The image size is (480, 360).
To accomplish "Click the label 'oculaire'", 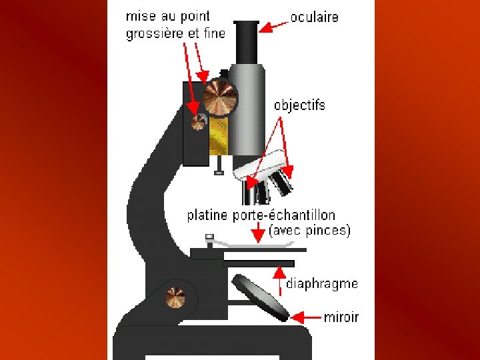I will click(x=314, y=16).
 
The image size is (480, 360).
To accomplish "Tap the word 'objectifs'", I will click(x=299, y=105).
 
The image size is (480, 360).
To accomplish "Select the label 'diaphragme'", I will click(x=322, y=283).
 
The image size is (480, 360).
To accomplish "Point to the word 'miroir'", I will click(x=341, y=317).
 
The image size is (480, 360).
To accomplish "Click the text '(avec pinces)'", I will click(x=309, y=231).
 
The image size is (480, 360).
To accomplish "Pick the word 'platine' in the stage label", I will click(x=208, y=215).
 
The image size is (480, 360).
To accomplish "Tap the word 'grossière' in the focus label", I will click(x=151, y=33).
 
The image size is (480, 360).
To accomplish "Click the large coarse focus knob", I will click(x=219, y=98).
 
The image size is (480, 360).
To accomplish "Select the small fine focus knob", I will click(x=199, y=122).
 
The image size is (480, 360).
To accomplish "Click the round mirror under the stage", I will click(x=261, y=298).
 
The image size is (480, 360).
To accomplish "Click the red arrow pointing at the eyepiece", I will click(x=274, y=26).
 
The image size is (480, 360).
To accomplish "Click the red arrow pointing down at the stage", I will click(x=258, y=233).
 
